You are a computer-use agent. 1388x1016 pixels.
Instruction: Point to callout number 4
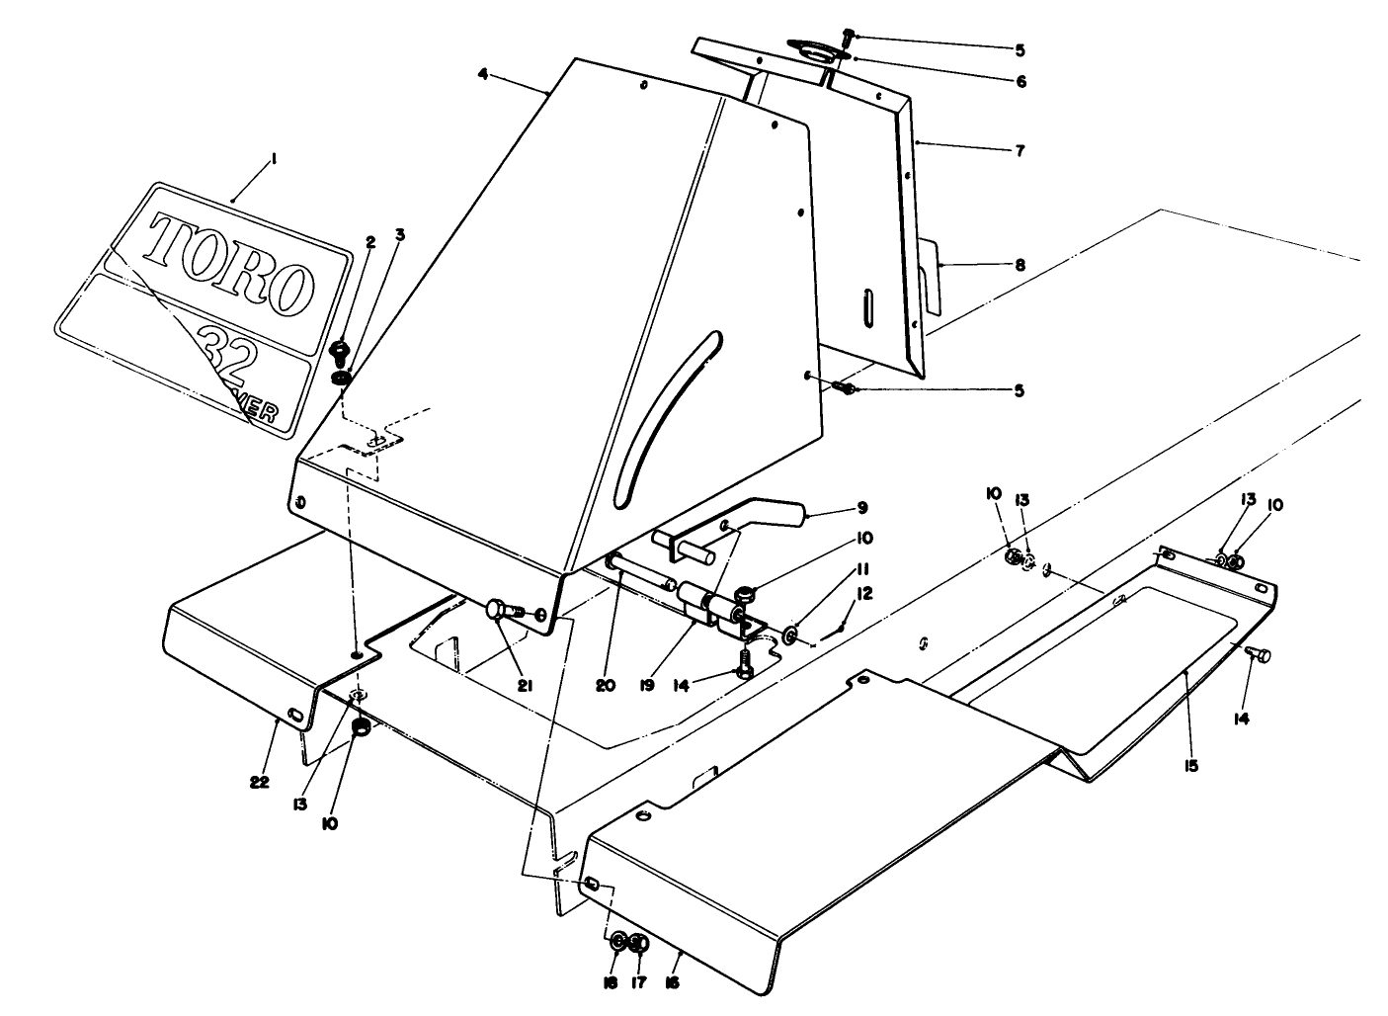tap(482, 74)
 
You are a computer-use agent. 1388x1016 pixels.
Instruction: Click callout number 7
tap(1020, 151)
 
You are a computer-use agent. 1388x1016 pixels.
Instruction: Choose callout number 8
tap(1020, 265)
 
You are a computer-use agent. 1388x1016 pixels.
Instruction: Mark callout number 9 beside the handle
tap(861, 508)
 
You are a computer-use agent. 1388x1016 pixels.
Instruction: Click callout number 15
tap(1191, 765)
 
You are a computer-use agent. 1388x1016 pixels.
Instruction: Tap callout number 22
tap(259, 783)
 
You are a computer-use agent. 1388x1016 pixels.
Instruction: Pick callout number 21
tap(525, 683)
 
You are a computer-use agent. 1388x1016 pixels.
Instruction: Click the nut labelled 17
tap(639, 943)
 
